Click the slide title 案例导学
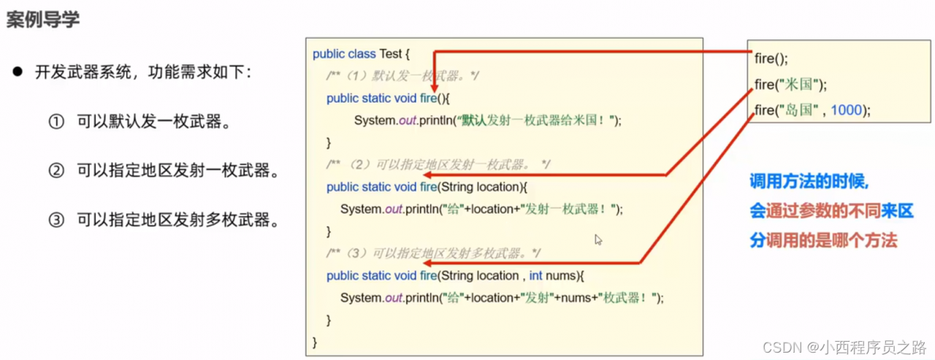(x=43, y=19)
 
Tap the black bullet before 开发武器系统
(x=18, y=72)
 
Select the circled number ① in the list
(x=56, y=122)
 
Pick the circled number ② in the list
(x=56, y=171)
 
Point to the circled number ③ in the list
(x=56, y=220)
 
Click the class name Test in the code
(x=390, y=54)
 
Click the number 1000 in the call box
(x=846, y=110)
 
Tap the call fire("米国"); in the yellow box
(x=790, y=85)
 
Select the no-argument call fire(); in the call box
(x=771, y=59)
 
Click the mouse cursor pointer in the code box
(x=598, y=240)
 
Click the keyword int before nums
(x=535, y=276)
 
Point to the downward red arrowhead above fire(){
(x=434, y=87)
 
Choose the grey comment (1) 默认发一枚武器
(x=402, y=76)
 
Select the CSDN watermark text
(x=844, y=347)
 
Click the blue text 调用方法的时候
(x=809, y=181)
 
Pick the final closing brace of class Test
(x=315, y=342)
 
